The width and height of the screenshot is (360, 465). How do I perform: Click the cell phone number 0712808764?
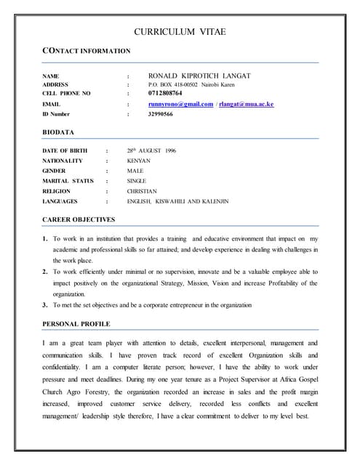[167, 94]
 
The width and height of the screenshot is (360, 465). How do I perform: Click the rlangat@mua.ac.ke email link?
[247, 105]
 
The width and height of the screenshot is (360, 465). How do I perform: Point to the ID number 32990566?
[160, 115]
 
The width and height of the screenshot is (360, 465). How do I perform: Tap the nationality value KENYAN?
[138, 161]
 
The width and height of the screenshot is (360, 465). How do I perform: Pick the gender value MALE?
[135, 171]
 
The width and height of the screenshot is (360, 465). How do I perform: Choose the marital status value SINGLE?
[136, 180]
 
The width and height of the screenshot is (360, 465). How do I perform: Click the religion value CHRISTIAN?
[141, 190]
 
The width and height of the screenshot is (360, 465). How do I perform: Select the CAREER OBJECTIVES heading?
[79, 219]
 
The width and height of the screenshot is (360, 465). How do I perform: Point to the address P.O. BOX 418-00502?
[172, 85]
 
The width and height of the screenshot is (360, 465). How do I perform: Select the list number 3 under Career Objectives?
[45, 305]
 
